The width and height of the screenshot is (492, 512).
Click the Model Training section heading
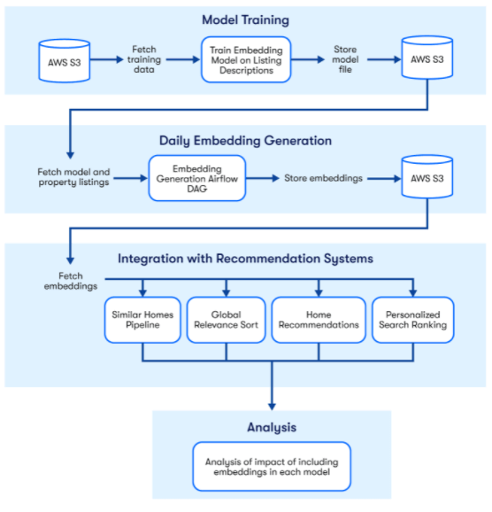(x=245, y=19)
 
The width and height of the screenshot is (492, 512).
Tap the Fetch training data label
(x=145, y=59)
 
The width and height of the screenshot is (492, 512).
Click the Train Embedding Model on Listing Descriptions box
(x=245, y=59)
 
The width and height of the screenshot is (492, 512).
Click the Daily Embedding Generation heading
(x=245, y=140)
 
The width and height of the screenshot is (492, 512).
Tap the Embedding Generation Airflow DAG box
(x=197, y=177)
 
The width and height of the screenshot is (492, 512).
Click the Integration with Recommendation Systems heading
(x=245, y=259)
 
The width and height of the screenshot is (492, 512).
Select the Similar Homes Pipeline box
(x=142, y=320)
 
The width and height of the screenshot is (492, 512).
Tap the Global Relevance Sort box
(x=226, y=320)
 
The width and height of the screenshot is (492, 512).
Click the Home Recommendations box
(x=318, y=320)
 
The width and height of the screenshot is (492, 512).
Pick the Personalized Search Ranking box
(x=412, y=320)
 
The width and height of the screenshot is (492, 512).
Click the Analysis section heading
(x=271, y=427)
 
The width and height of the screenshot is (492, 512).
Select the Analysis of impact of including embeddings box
(x=271, y=465)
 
